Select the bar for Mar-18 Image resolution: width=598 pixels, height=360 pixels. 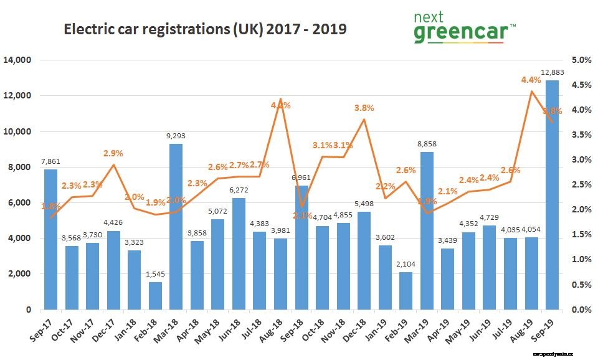point(176,227)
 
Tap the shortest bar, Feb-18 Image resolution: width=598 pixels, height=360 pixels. point(154,296)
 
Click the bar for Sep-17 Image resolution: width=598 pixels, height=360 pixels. point(50,240)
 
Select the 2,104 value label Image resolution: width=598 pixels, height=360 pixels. point(406,265)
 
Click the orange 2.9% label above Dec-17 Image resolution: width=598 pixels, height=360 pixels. point(113,153)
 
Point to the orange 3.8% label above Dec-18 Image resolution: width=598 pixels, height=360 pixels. point(364,108)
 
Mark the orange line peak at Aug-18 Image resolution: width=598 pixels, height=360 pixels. point(280,99)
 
